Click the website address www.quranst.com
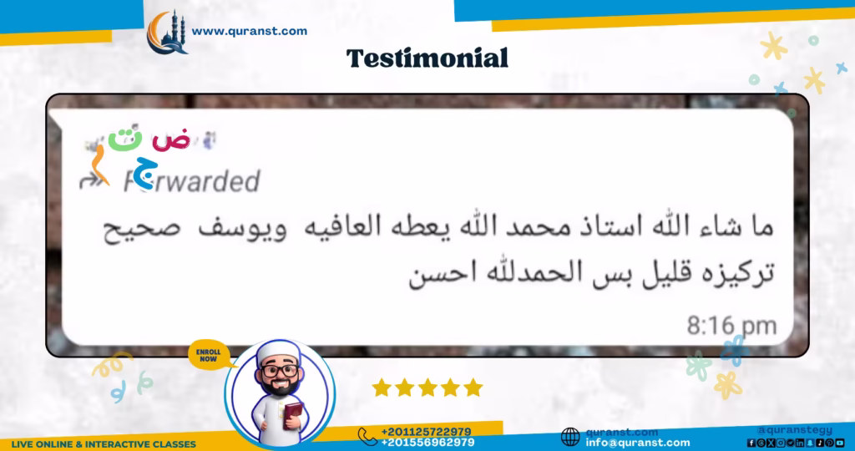coord(249,32)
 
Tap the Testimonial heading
coord(427,58)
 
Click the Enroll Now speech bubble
coord(209,353)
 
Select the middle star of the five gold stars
coord(427,388)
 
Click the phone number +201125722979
coord(426,431)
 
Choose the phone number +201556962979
coord(427,442)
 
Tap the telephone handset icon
coord(367,436)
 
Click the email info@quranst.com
coord(638,443)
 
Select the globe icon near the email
coord(570,437)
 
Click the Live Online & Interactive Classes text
coord(104,444)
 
